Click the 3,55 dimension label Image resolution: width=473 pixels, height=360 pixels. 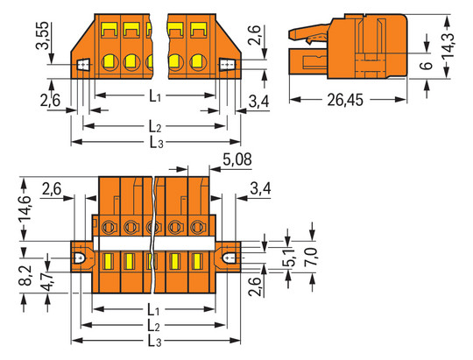pyautogui.click(x=42, y=35)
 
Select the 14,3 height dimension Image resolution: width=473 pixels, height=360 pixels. pyautogui.click(x=448, y=46)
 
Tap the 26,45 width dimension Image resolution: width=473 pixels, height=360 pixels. pyautogui.click(x=345, y=100)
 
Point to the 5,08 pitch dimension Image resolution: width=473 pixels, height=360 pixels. pyautogui.click(x=237, y=159)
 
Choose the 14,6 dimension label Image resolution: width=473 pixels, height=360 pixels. pyautogui.click(x=25, y=208)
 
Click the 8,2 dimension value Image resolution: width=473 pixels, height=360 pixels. pyautogui.click(x=26, y=275)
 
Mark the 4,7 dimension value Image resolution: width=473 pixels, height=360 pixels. pyautogui.click(x=47, y=281)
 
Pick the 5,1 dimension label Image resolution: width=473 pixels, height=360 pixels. pyautogui.click(x=288, y=258)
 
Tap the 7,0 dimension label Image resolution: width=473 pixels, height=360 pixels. pyautogui.click(x=311, y=257)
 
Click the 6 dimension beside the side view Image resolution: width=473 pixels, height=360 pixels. pyautogui.click(x=427, y=66)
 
